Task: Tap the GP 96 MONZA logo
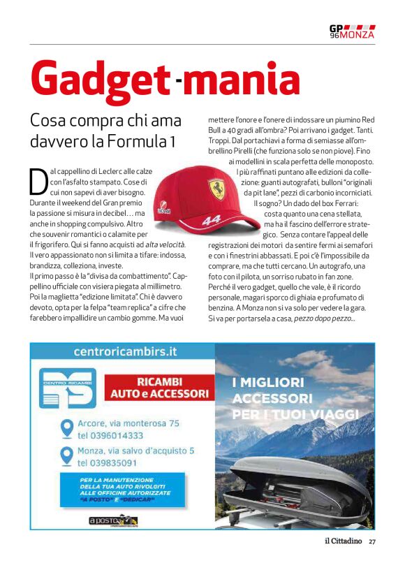point(352,31)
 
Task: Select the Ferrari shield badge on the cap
point(215,189)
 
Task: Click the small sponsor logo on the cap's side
point(164,209)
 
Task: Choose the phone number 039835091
point(107,463)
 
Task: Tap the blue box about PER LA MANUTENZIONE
point(126,491)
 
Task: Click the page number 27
point(372,541)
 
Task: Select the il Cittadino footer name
point(342,541)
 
